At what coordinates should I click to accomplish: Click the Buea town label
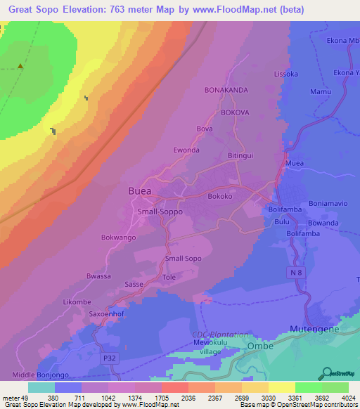143,191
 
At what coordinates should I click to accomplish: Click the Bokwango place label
119,238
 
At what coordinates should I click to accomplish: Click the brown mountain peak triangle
20,67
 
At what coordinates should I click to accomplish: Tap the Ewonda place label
186,150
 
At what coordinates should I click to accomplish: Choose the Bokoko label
220,197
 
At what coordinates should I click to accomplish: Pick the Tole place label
169,277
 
